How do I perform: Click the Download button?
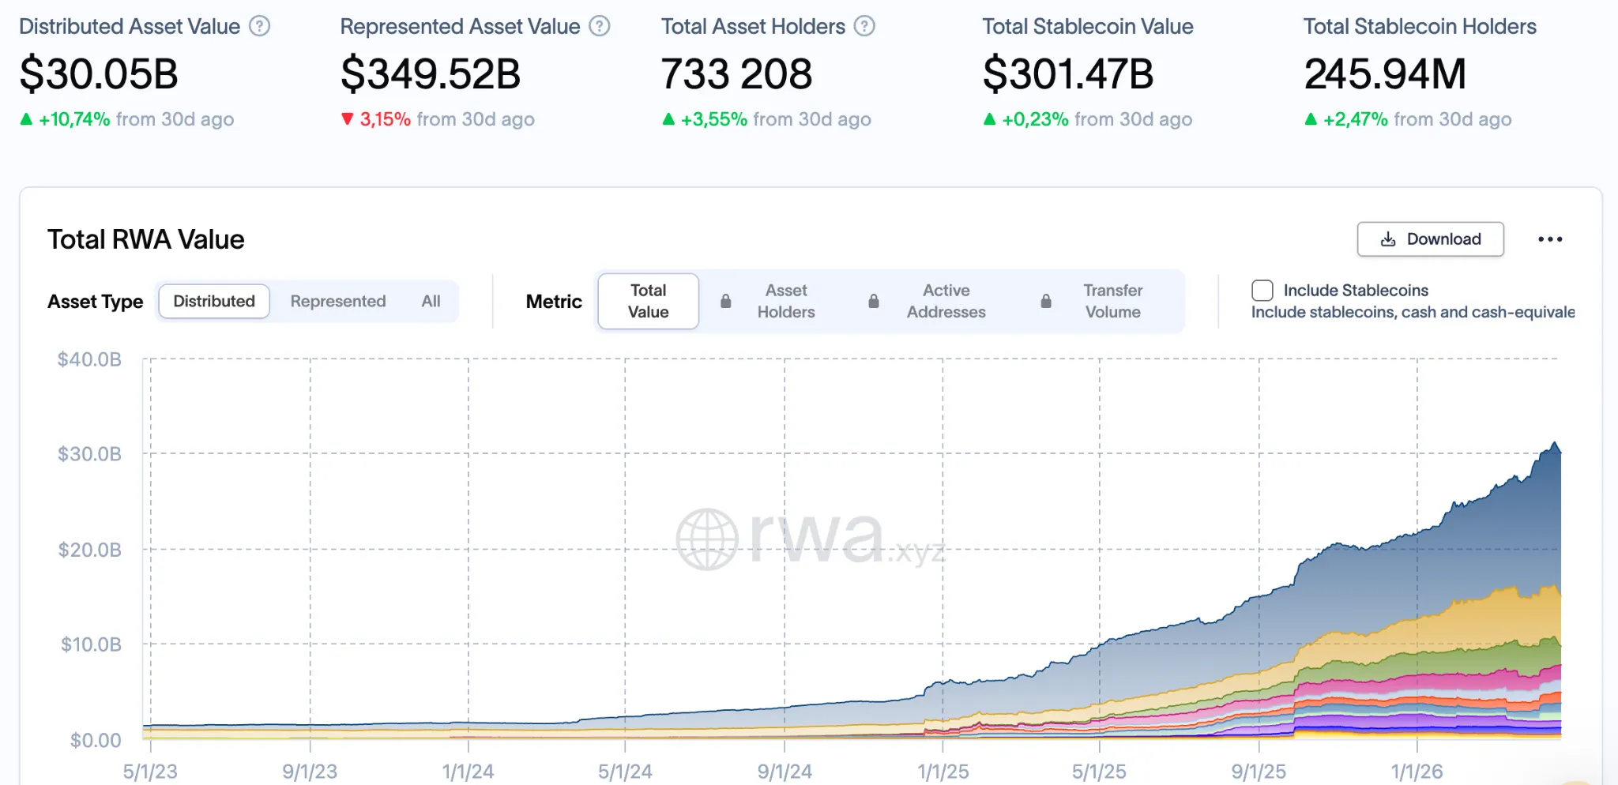pos(1430,239)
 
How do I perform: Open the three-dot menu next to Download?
pos(1550,239)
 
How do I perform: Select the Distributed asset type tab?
pos(214,302)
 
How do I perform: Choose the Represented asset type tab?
pos(338,302)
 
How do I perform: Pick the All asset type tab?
pos(431,302)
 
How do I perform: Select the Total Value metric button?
pos(648,302)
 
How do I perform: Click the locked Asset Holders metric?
pos(785,302)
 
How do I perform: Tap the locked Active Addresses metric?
pos(946,302)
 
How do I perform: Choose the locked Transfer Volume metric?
pos(1112,302)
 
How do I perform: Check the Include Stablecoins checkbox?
pos(1262,291)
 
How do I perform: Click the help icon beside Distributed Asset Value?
pos(260,26)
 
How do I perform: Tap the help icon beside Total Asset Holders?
pos(865,26)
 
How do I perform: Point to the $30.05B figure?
pos(99,73)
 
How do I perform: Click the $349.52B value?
pos(431,73)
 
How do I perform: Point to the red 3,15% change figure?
pos(385,119)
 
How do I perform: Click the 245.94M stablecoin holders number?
pos(1385,73)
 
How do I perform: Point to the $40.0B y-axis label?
pos(89,360)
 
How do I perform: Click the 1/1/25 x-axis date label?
pos(943,772)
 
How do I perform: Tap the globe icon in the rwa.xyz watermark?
pos(707,539)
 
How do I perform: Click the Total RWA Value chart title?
pos(146,239)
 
